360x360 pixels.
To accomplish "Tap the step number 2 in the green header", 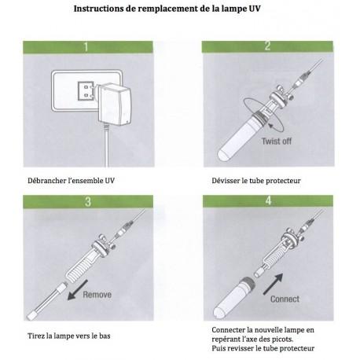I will coord(268,46).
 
